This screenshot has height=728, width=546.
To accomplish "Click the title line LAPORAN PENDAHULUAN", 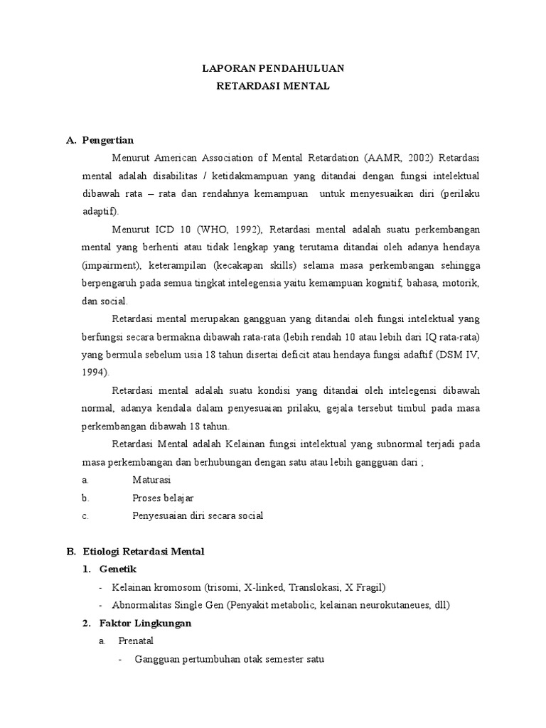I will click(273, 69).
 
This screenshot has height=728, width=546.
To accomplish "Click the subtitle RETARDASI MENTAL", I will click(273, 87).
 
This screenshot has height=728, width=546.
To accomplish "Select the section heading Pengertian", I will click(107, 139).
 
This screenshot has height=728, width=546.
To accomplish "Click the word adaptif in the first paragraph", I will click(100, 211).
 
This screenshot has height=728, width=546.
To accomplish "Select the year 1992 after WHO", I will click(245, 229).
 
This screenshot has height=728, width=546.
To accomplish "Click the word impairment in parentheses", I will click(115, 264).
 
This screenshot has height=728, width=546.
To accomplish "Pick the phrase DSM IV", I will click(461, 354).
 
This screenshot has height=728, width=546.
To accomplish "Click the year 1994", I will click(95, 372).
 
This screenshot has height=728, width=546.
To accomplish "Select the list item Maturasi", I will click(152, 480).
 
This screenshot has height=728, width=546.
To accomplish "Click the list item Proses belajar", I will click(163, 498).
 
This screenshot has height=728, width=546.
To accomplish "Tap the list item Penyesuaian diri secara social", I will click(198, 515).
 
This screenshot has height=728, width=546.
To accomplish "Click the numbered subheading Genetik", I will click(117, 569).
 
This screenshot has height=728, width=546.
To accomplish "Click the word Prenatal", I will click(136, 641).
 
